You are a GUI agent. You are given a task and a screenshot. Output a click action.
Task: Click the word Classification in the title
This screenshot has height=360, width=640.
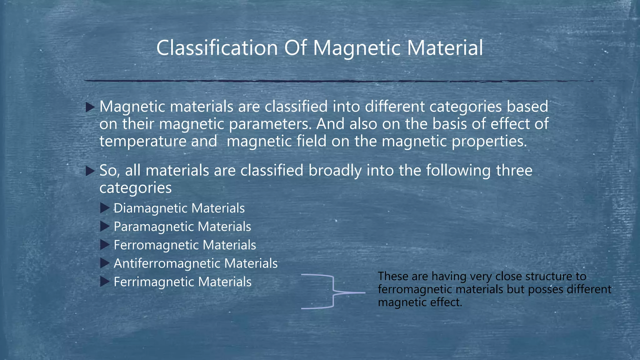pyautogui.click(x=217, y=48)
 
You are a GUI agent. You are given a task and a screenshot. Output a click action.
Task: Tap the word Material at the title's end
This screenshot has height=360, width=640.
pyautogui.click(x=445, y=48)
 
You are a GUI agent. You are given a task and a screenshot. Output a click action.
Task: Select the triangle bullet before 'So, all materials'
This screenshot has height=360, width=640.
pyautogui.click(x=90, y=171)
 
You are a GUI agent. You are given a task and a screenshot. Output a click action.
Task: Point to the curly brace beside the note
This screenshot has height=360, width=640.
pyautogui.click(x=333, y=292)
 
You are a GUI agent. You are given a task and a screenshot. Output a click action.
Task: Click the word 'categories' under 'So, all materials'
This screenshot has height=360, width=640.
pyautogui.click(x=135, y=188)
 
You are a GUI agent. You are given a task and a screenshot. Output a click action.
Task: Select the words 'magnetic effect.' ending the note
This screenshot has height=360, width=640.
pyautogui.click(x=420, y=302)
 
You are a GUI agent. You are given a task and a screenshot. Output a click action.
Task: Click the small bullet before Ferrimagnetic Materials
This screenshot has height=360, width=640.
pyautogui.click(x=105, y=282)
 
